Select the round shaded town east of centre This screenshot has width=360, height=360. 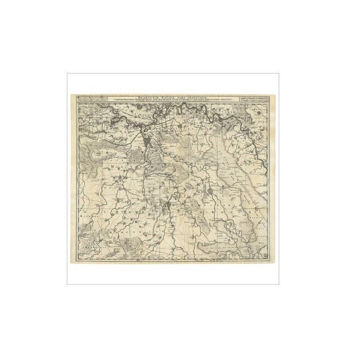(x=209, y=194)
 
